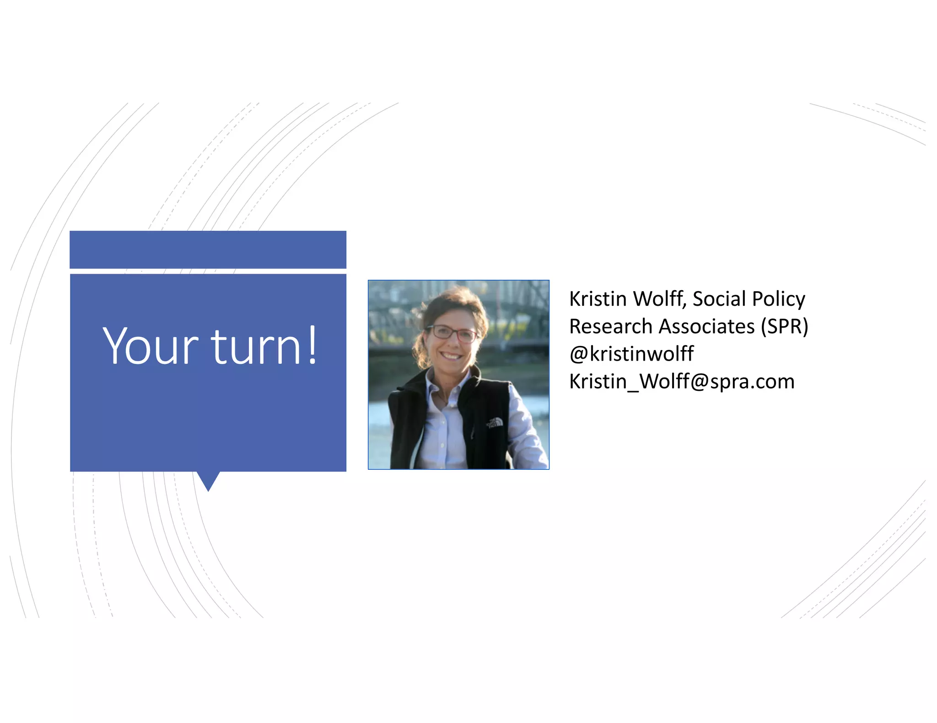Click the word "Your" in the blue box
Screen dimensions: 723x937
(x=150, y=346)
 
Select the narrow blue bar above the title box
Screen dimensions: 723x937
(x=208, y=250)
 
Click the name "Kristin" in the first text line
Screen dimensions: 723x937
(x=598, y=299)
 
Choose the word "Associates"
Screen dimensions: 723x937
(x=707, y=326)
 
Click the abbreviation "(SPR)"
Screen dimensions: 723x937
(x=784, y=326)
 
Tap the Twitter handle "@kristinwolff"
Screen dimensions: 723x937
(x=631, y=354)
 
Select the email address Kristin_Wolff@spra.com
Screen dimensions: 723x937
(x=682, y=381)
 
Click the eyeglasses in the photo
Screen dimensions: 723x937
(x=452, y=333)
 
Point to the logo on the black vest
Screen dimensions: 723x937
(x=495, y=423)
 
